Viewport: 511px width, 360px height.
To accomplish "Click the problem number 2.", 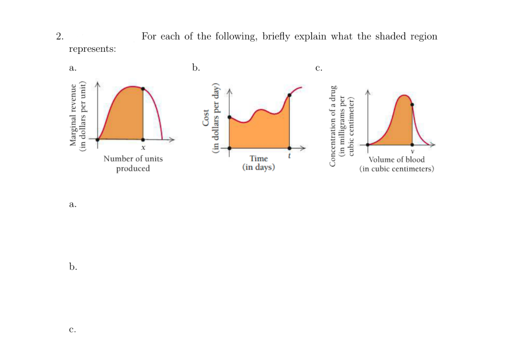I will point(59,36).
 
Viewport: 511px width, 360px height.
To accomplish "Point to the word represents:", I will point(92,49).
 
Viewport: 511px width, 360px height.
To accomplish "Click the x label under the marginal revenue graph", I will point(143,148).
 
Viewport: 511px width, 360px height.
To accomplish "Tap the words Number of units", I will point(133,159).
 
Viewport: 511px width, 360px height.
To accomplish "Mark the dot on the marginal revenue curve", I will point(143,89).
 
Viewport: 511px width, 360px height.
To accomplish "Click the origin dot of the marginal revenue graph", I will point(98,139).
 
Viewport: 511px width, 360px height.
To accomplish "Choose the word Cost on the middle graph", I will point(206,118).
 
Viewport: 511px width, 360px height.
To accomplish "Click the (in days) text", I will point(259,168).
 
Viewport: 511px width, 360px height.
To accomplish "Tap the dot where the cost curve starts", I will point(229,117).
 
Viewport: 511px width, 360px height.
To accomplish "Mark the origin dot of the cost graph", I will point(229,148).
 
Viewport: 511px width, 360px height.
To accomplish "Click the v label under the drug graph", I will point(412,152).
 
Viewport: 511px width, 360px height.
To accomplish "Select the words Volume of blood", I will point(396,160).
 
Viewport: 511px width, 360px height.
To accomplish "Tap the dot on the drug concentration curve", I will point(412,104).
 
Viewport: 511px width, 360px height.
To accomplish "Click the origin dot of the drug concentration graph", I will point(368,144).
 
